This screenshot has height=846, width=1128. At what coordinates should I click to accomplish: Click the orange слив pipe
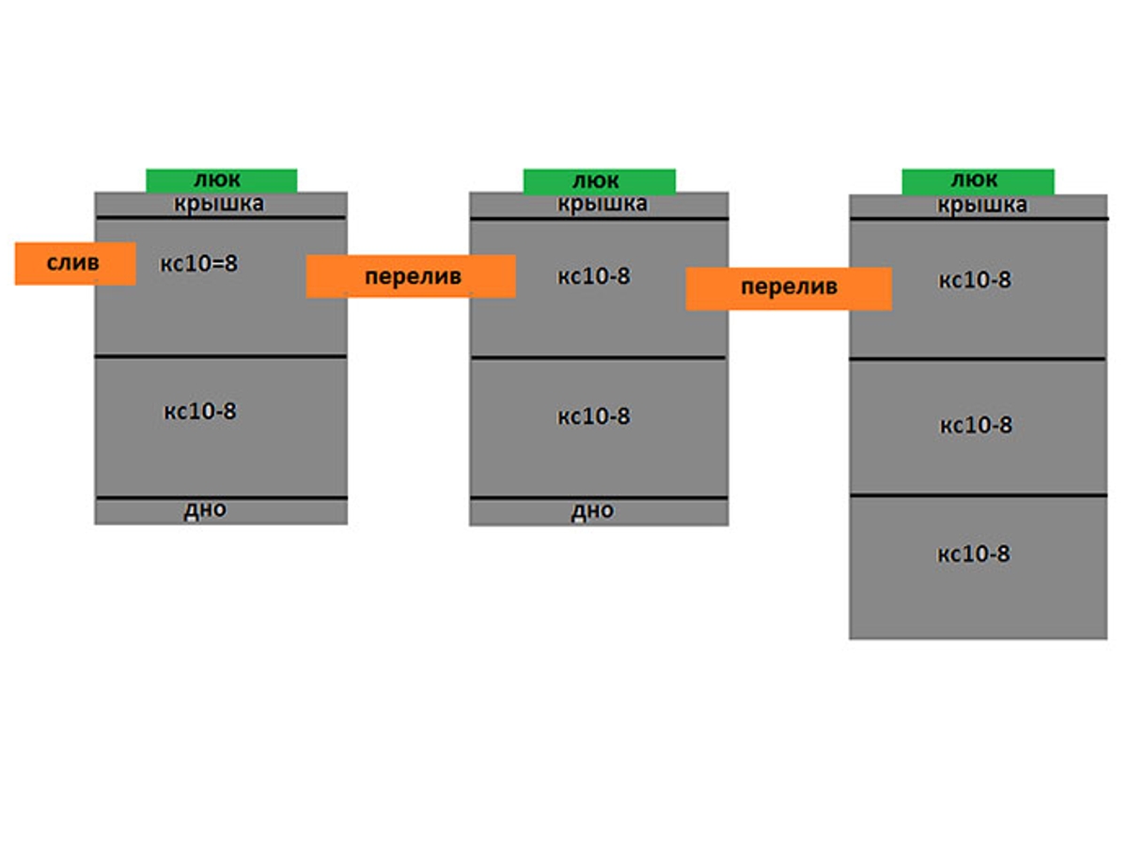click(x=75, y=263)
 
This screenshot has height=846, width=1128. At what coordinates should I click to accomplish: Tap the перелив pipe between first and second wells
click(x=411, y=276)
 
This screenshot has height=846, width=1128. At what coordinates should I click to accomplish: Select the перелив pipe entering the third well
click(x=789, y=288)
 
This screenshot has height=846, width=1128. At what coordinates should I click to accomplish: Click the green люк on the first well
click(x=222, y=180)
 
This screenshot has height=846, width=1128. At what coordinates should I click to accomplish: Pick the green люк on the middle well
click(x=600, y=180)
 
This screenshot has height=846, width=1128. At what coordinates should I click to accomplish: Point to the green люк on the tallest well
click(x=978, y=181)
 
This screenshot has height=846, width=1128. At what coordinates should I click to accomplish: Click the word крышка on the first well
click(x=219, y=203)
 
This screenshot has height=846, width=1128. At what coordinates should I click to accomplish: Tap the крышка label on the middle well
click(x=602, y=204)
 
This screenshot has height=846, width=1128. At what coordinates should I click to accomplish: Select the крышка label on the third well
click(x=981, y=206)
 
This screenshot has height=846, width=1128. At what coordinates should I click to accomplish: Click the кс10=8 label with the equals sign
click(x=199, y=263)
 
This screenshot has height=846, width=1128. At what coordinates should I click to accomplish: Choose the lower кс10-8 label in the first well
click(x=200, y=411)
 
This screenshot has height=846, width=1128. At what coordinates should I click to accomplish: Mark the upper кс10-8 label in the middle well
click(x=594, y=276)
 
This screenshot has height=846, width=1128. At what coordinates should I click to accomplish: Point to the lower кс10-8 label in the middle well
click(x=594, y=415)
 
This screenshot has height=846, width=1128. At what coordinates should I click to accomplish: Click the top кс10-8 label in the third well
click(x=976, y=280)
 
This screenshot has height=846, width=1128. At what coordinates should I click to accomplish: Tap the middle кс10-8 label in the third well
click(x=977, y=425)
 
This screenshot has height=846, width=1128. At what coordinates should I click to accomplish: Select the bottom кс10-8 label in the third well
click(x=974, y=554)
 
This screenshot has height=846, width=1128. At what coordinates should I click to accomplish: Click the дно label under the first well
click(x=205, y=510)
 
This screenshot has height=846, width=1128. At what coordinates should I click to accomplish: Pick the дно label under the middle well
click(x=592, y=511)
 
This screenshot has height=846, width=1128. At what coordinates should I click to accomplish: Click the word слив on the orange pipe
click(x=73, y=263)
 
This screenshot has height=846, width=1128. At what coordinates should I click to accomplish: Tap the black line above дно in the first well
click(x=222, y=497)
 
